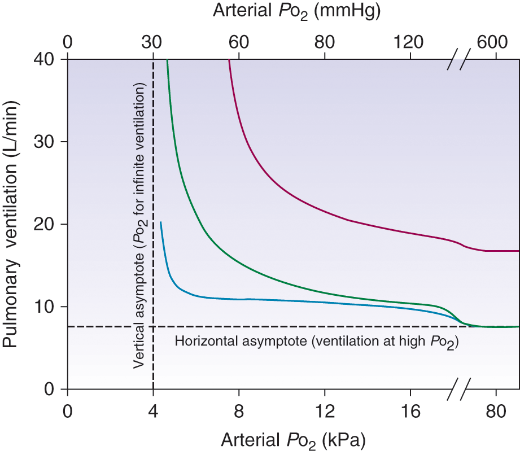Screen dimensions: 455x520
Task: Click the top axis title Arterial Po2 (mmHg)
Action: (296, 11)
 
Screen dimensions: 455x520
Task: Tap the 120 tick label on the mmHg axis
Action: (409, 42)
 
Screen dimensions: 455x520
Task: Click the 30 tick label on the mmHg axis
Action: (153, 42)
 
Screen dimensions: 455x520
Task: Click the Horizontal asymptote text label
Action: (315, 342)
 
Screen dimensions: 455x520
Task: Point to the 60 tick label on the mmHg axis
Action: (239, 42)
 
